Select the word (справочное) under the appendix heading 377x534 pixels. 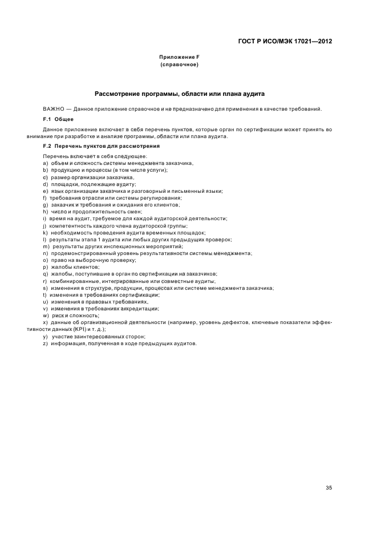click(179, 65)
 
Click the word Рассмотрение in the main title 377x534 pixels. click(119, 93)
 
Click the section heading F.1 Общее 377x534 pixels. click(58, 119)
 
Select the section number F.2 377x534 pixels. click(47, 147)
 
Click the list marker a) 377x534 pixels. click(45, 164)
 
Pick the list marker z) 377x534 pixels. click(45, 344)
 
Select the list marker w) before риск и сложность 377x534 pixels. click(46, 315)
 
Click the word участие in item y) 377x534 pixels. click(64, 337)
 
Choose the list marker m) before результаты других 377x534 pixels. click(46, 246)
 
